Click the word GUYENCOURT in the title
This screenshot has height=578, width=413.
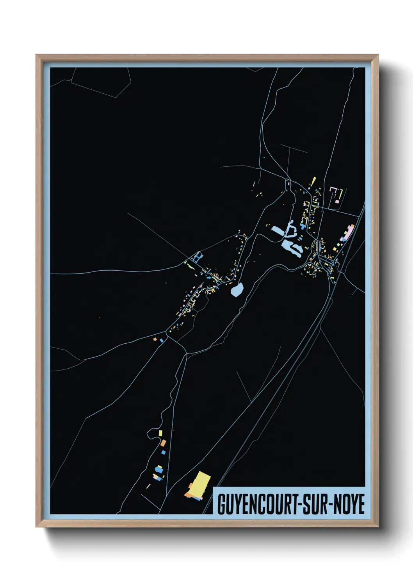click(x=256, y=504)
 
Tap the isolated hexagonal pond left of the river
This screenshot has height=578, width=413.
click(x=237, y=290)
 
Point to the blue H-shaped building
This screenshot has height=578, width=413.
click(x=198, y=258)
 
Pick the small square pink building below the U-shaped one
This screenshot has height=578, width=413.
click(x=337, y=202)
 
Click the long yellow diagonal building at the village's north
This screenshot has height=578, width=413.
click(x=313, y=182)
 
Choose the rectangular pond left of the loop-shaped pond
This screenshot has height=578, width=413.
click(x=278, y=230)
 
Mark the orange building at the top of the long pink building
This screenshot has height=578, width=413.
click(x=352, y=225)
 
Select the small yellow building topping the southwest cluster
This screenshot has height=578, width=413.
click(x=160, y=433)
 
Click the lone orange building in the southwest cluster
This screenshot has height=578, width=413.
click(x=164, y=442)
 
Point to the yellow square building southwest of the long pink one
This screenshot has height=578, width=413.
click(x=335, y=246)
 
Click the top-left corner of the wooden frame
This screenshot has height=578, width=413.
click(x=36, y=55)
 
